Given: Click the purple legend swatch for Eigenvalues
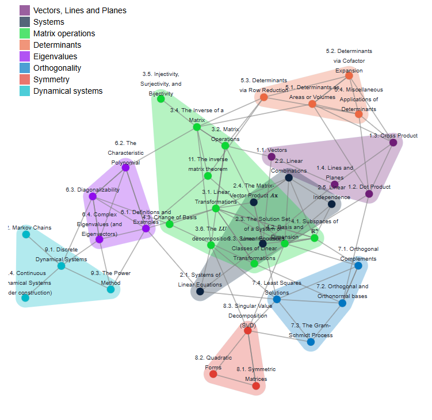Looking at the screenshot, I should tap(25, 56).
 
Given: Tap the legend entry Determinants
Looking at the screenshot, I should tap(57, 45).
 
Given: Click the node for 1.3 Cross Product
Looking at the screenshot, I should tap(393, 143).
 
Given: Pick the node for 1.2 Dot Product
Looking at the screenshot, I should tap(369, 194).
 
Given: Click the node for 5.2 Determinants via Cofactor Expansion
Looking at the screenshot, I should tap(349, 75).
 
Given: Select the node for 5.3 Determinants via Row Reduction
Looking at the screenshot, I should tap(264, 97).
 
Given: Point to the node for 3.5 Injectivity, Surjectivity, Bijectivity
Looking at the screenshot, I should tap(161, 99).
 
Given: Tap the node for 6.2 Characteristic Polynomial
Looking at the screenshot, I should tap(125, 167).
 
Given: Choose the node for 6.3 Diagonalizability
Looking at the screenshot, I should tap(93, 196).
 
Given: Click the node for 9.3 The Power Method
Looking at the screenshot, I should tap(110, 289).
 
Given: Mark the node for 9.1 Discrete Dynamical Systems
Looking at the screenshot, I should tap(61, 266).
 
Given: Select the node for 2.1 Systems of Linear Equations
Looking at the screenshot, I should tap(200, 292).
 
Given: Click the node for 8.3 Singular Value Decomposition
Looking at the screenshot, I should tap(247, 330).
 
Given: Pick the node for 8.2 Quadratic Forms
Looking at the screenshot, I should tap(213, 374).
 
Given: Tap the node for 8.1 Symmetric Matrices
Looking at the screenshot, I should tap(256, 386).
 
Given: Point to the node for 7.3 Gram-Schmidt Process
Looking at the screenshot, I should tap(311, 342).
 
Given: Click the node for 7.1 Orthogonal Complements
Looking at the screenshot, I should tap(358, 266).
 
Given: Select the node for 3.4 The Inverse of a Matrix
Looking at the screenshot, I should tap(196, 127).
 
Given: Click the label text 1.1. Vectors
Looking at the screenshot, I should tap(272, 150).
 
